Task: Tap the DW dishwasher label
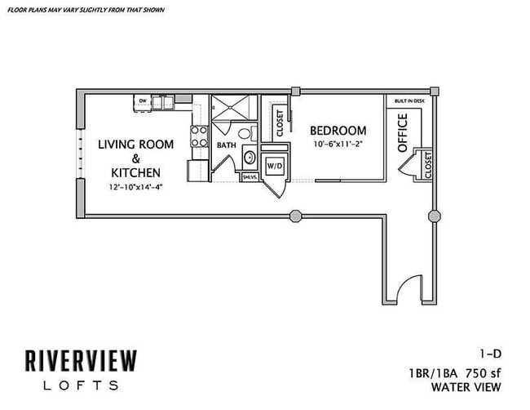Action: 142,101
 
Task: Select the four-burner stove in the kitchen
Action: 198,136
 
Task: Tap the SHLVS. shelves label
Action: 249,176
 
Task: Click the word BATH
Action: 226,145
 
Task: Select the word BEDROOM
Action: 338,131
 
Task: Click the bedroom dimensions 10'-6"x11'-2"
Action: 338,145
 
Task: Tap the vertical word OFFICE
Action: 402,133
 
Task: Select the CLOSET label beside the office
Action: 427,163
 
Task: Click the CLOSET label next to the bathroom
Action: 279,123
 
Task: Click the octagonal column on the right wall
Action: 434,216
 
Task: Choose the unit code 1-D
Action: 489,354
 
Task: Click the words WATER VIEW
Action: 468,386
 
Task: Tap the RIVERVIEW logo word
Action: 79,360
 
